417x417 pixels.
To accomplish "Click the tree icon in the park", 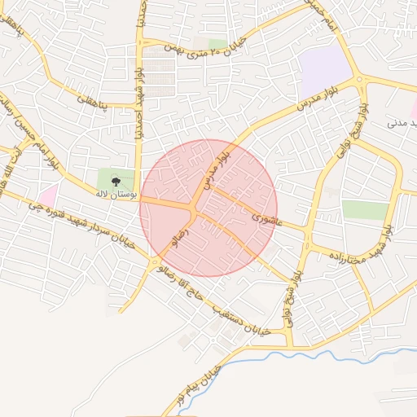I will (115, 180).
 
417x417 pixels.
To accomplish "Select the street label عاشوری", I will (266, 219).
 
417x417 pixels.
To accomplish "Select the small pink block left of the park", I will (48, 195).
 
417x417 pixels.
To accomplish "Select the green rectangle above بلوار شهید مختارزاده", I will (365, 209).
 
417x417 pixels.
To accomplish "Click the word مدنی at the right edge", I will (396, 124).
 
